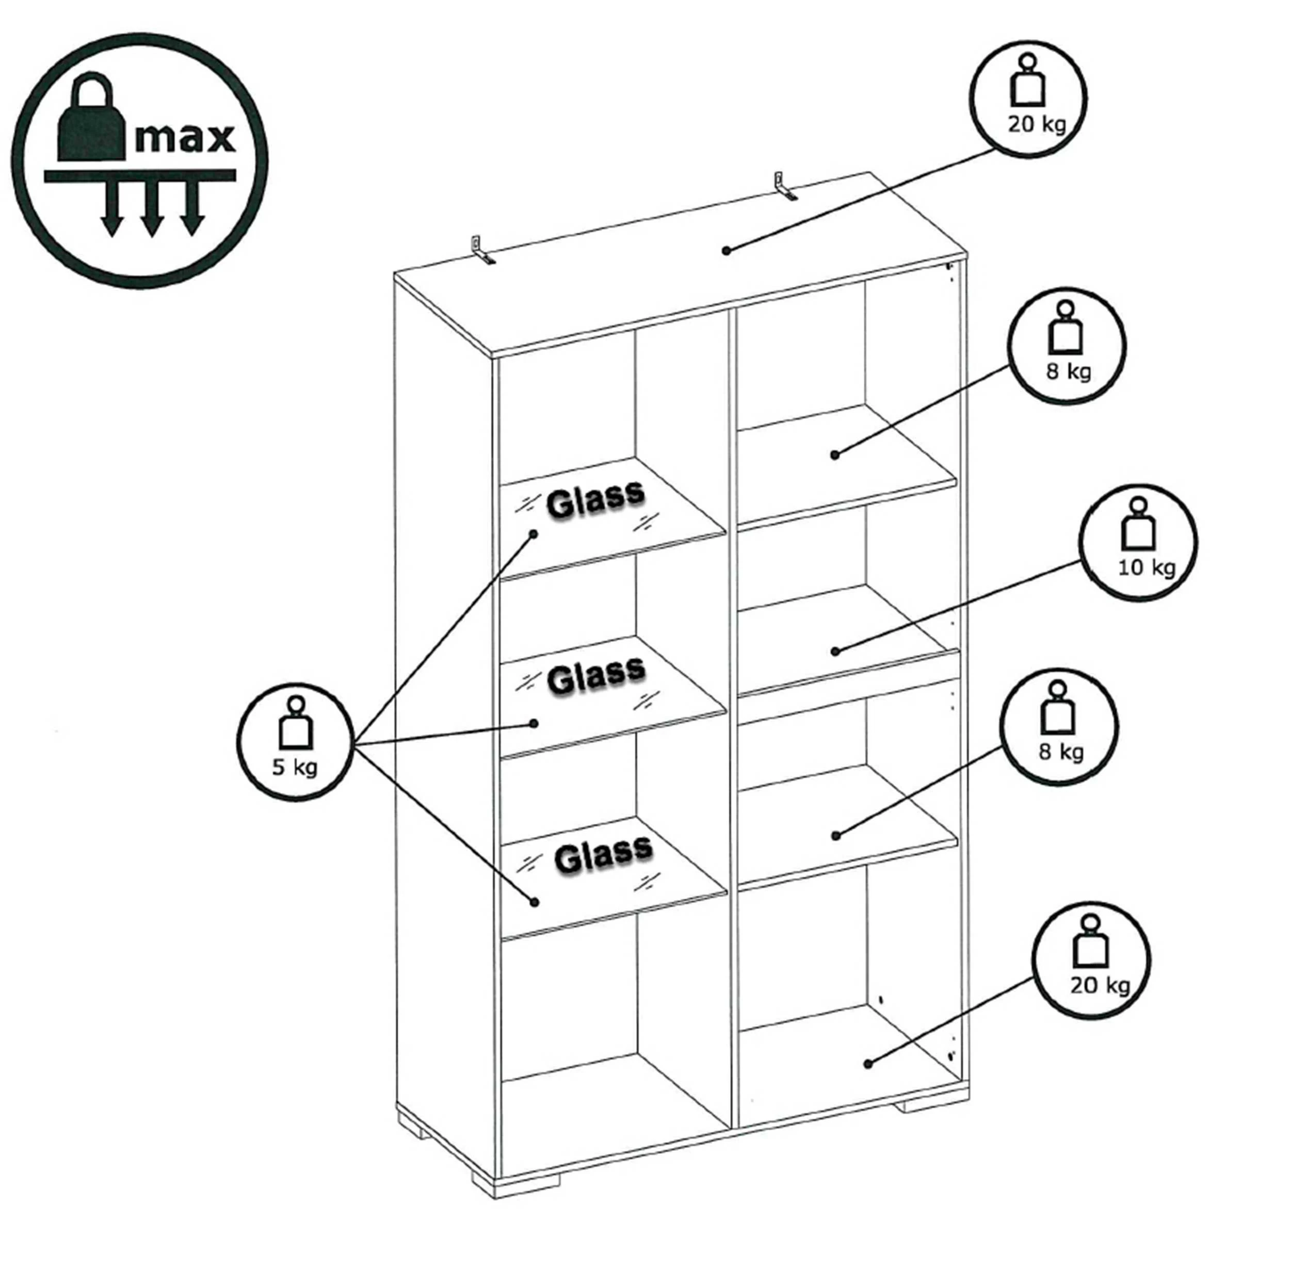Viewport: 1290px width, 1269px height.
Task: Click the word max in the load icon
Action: pos(185,138)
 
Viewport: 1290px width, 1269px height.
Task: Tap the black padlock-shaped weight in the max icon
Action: pos(91,118)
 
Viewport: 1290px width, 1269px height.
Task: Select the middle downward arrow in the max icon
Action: pos(152,208)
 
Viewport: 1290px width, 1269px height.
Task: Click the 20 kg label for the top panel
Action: pos(1037,124)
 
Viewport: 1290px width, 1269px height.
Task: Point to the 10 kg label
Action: pos(1147,568)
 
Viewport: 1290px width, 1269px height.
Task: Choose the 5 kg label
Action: pos(295,767)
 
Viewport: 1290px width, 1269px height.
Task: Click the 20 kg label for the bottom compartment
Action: pos(1100,985)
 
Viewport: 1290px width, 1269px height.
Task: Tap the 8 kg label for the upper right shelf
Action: pos(1069,371)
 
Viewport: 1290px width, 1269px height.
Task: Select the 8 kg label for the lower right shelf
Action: pos(1061,752)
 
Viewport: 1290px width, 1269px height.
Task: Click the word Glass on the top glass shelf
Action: pos(595,498)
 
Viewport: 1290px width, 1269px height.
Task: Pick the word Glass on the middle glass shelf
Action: pos(595,676)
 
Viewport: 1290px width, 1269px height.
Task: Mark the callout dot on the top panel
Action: pos(727,251)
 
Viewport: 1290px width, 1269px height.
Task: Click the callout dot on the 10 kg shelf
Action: pos(836,651)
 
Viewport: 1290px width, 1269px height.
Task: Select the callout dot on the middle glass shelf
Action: pos(534,723)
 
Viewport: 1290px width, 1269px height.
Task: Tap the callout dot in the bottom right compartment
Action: pos(868,1064)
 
